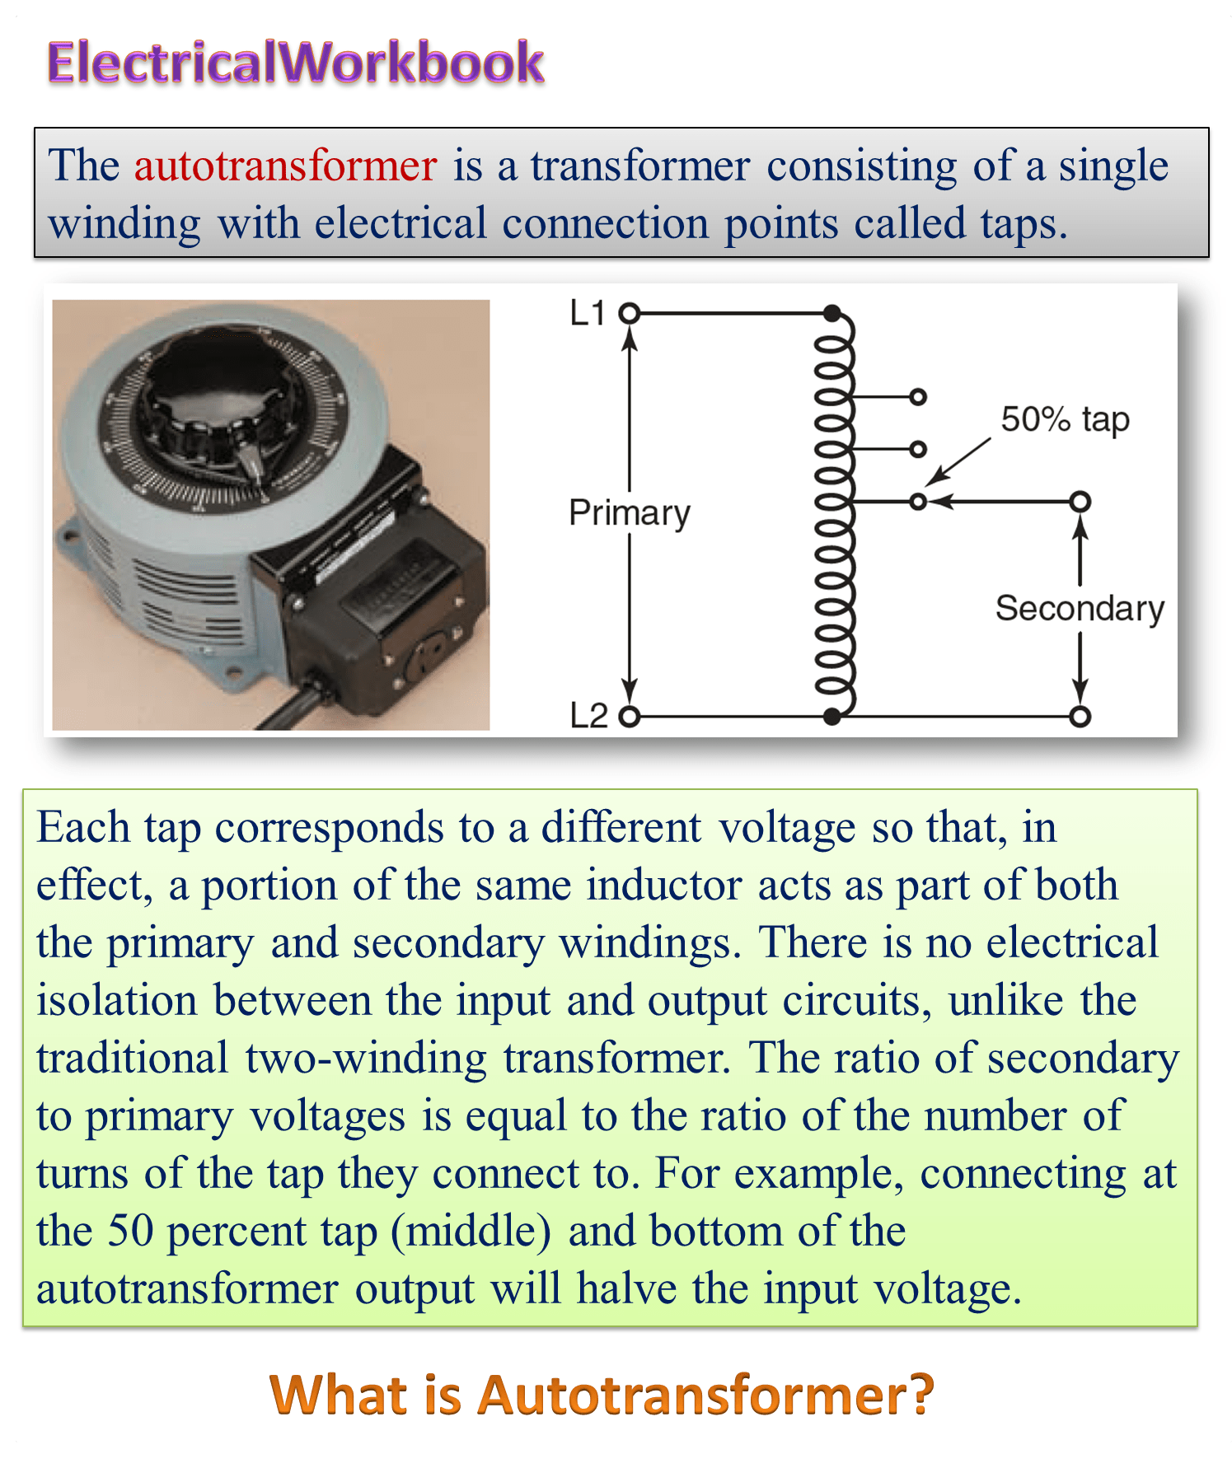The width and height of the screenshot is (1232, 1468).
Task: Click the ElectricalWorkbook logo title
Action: click(x=296, y=63)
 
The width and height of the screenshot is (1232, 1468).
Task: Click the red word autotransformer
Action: click(x=285, y=166)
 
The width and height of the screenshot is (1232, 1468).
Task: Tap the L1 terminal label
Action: click(x=588, y=313)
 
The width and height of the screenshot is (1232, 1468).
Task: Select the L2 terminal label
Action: click(x=588, y=715)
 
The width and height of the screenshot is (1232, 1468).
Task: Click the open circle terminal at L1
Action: click(x=630, y=313)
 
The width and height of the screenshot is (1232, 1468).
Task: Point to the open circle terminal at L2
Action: click(x=630, y=717)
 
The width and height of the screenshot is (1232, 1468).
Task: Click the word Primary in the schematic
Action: click(x=630, y=513)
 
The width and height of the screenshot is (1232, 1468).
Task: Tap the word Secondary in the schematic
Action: click(x=1080, y=608)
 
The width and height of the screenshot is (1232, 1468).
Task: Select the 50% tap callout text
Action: click(x=1065, y=420)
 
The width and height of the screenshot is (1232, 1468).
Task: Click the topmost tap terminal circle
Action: click(x=918, y=397)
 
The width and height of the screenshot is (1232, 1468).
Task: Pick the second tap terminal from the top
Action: click(x=918, y=449)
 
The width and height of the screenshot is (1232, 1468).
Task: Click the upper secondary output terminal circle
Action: click(x=1080, y=501)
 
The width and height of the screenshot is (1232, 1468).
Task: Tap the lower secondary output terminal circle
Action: click(x=1080, y=717)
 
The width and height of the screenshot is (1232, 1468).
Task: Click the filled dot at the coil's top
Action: click(x=832, y=313)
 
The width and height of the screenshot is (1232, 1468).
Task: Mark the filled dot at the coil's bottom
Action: click(x=832, y=717)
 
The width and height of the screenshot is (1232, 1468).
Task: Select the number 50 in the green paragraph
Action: click(x=130, y=1231)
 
